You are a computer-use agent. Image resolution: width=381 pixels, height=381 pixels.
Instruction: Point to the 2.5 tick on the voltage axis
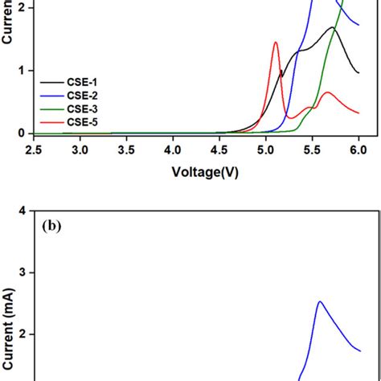34,150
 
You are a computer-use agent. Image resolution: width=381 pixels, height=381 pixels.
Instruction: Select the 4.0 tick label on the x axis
173,150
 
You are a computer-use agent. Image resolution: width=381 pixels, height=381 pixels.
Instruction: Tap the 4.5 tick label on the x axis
219,150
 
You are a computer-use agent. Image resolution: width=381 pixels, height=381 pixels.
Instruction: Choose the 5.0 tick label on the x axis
266,150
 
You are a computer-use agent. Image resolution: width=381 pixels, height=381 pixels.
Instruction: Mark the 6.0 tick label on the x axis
358,150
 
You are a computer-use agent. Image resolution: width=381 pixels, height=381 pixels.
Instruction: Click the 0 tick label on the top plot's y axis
23,133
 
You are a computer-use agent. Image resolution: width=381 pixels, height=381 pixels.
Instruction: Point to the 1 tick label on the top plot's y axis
23,71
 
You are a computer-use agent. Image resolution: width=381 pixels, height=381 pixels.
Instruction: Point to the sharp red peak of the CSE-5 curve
275,43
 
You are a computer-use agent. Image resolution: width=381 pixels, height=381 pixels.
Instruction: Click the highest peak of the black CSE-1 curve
331,27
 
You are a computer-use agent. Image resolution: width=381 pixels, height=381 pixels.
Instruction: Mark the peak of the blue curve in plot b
319,301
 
